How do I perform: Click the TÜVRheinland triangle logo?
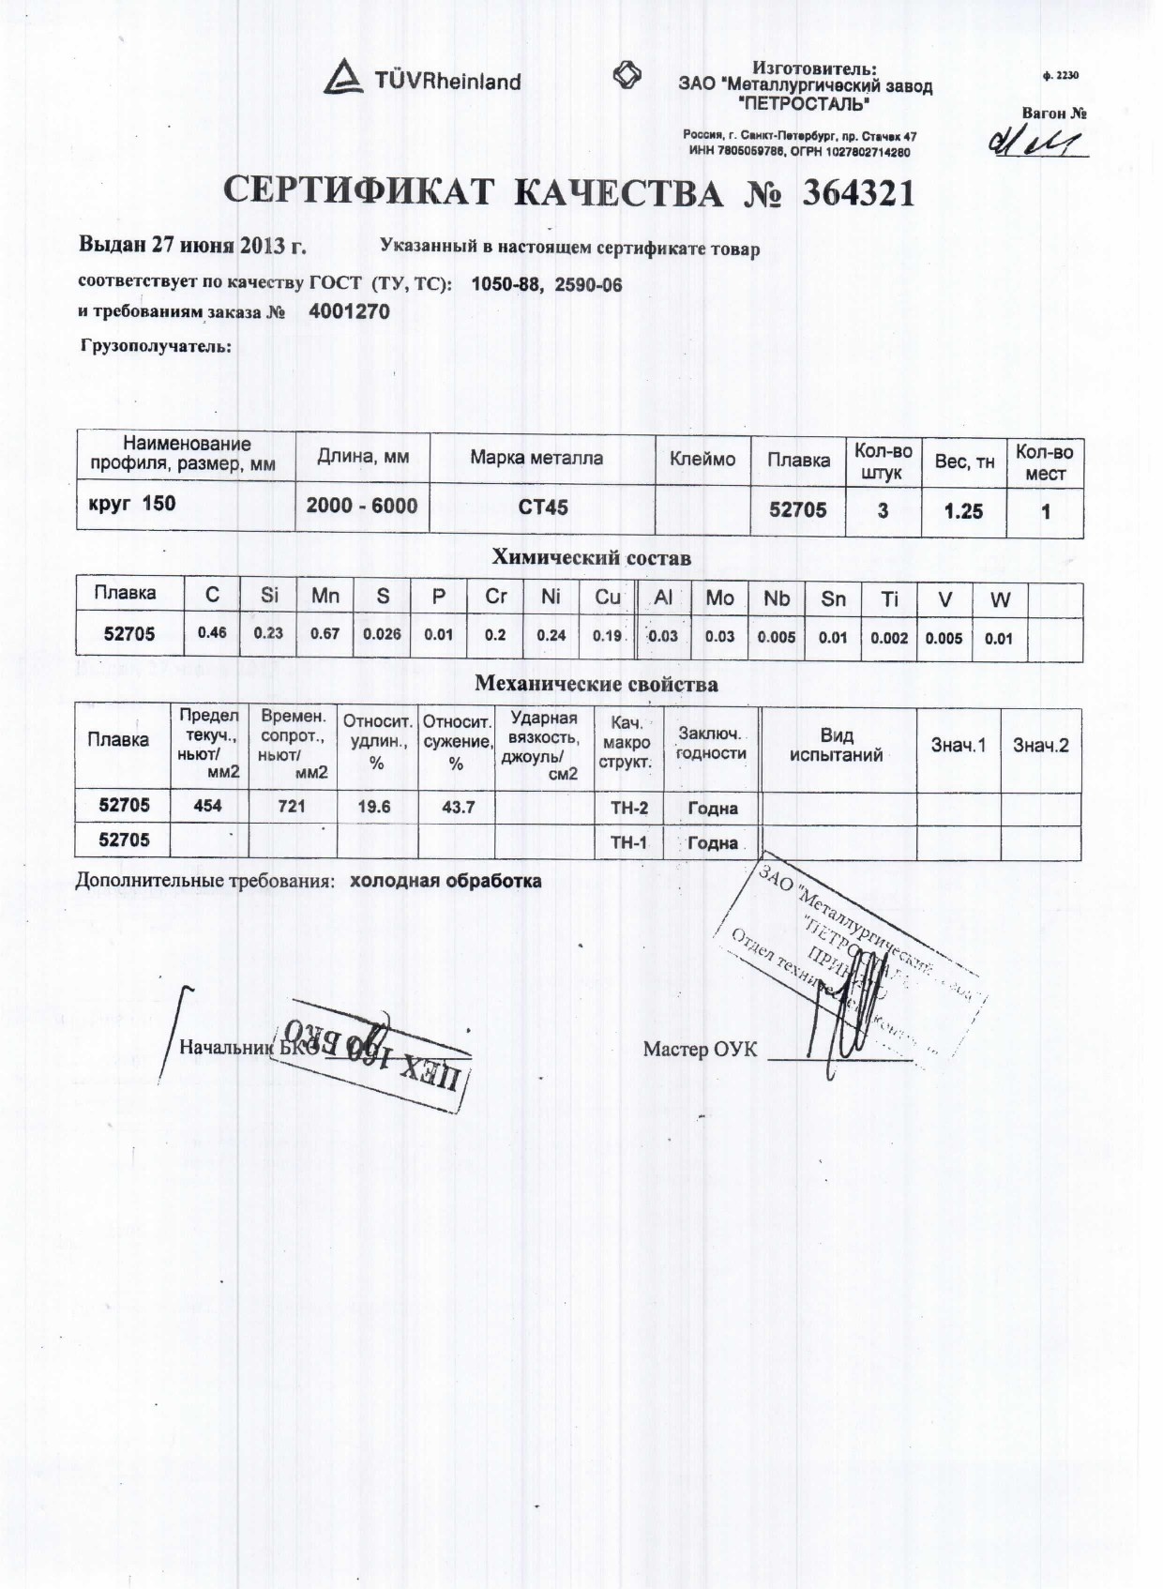coord(343,77)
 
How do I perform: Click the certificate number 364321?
coord(857,193)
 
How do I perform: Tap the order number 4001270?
coord(348,311)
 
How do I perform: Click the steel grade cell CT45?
coord(543,507)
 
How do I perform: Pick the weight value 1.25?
coord(963,510)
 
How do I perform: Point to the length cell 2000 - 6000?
coord(362,506)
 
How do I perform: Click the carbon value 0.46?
coord(212,633)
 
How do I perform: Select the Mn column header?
coord(325,596)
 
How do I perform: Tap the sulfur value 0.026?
coord(382,634)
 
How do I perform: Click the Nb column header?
coord(777,598)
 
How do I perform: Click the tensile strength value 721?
coord(292,806)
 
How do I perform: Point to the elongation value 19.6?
coord(374,806)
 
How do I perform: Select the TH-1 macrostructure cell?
coord(628,841)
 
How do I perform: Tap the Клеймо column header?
coord(702,460)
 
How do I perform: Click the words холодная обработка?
coord(446,881)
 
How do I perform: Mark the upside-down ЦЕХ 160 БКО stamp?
coord(372,1052)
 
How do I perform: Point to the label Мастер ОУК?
coord(700,1049)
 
